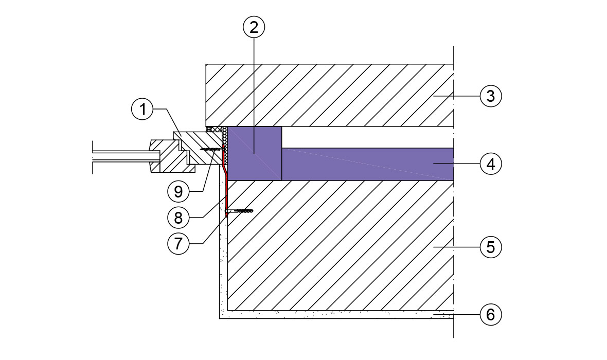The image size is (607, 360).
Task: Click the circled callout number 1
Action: pos(142,109)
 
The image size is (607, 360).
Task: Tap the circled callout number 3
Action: pos(490,96)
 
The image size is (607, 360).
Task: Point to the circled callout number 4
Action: pos(490,164)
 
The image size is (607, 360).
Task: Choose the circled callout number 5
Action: pos(490,247)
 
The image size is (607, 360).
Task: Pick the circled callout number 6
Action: pos(490,314)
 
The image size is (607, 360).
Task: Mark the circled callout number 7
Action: pos(178,243)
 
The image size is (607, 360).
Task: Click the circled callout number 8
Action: pos(178,218)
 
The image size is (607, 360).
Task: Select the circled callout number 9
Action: pos(178,192)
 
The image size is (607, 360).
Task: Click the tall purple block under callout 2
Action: pos(255,153)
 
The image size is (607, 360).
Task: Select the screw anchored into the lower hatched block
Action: pos(241,210)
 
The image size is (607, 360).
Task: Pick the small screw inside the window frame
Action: pos(211,149)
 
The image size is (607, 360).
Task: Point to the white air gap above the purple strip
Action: pos(365,137)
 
